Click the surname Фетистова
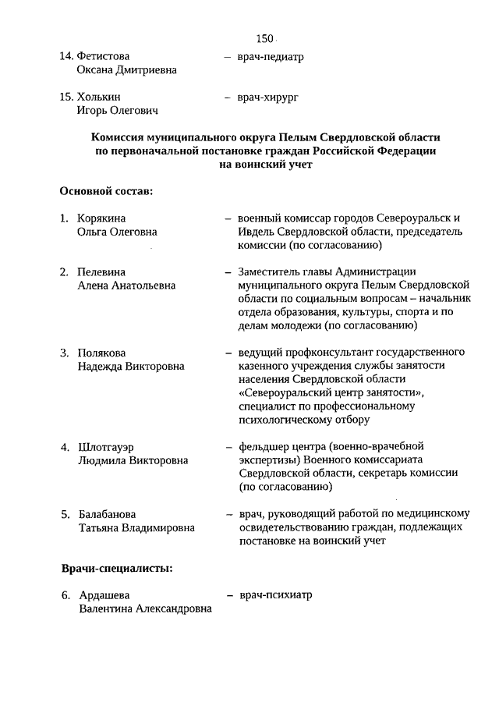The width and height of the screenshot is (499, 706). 104,56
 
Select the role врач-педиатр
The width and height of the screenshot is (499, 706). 271,56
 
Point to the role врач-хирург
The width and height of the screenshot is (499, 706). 269,98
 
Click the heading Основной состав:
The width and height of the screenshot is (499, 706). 105,190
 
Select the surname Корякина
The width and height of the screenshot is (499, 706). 101,218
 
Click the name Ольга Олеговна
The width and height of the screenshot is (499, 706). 117,232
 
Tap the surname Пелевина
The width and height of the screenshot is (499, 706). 101,271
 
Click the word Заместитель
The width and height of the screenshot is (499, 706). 271,271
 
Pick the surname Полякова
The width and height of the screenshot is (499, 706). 101,352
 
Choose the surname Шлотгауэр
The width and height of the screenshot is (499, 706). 107,447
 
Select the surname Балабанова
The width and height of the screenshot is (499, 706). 107,514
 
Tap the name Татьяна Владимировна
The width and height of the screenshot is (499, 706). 136,528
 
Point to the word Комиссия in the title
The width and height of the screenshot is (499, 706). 122,137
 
